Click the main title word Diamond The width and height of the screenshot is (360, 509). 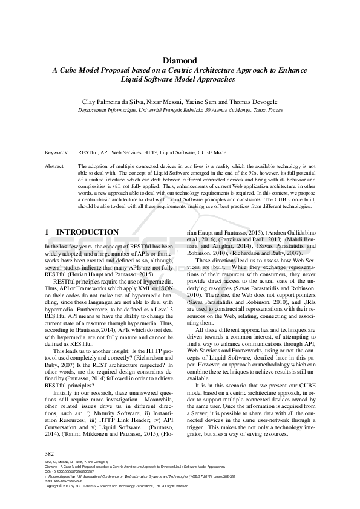(x=180, y=60)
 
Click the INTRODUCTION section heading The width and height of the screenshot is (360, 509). (x=87, y=232)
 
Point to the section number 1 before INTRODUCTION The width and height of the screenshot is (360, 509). (x=48, y=232)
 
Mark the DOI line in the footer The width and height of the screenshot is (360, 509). (x=67, y=472)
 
